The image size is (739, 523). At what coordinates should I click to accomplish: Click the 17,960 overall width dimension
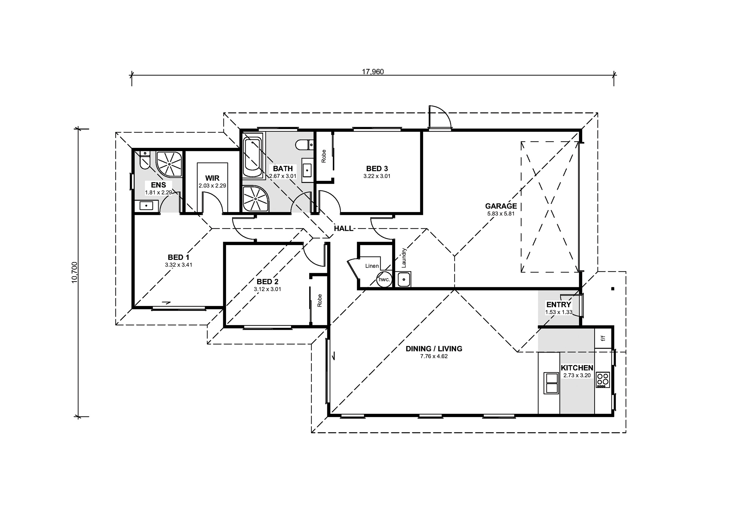[373, 72]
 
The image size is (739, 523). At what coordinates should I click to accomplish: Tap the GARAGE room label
[501, 206]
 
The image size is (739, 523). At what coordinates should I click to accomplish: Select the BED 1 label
[178, 257]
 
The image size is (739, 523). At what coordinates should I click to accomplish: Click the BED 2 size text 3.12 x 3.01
[268, 289]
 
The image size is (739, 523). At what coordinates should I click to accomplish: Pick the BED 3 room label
[377, 169]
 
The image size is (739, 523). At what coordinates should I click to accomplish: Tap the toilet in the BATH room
[304, 145]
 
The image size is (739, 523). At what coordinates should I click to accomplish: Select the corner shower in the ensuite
[169, 164]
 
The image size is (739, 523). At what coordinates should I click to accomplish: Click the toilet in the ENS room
[145, 160]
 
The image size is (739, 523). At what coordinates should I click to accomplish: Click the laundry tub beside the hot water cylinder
[404, 280]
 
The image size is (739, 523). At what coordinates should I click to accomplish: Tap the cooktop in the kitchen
[603, 380]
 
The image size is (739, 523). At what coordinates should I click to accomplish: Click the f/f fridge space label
[603, 338]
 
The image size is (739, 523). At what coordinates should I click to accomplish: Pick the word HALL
[343, 228]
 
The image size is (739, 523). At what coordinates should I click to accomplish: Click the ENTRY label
[559, 304]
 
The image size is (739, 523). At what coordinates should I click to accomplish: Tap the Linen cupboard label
[372, 266]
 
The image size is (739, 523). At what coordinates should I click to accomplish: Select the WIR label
[212, 178]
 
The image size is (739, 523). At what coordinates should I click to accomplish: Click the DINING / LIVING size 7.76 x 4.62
[434, 356]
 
